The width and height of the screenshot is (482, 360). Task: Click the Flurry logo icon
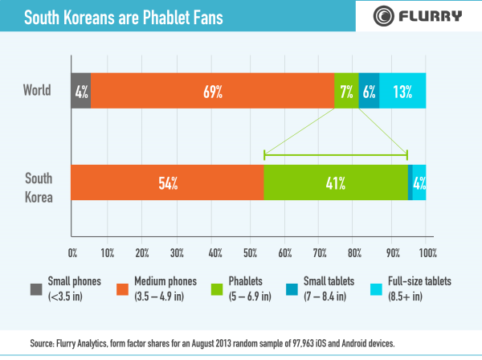point(383,15)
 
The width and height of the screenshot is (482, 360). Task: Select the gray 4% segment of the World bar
point(80,91)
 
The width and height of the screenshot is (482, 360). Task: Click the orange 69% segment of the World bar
point(212,91)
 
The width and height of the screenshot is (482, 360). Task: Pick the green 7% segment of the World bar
point(346,91)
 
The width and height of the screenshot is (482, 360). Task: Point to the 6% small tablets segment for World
point(369,91)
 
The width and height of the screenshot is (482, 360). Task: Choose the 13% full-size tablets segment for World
point(402,91)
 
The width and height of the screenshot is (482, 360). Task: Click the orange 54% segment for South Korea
point(167,182)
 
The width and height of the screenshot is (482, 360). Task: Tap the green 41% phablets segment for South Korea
point(335,182)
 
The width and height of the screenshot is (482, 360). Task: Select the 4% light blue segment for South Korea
point(419,182)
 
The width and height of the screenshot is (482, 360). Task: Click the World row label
point(36,90)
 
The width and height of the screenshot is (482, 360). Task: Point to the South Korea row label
point(39,186)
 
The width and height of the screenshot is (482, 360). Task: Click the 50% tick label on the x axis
point(249,254)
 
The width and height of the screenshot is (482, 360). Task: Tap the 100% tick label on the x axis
point(426,254)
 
